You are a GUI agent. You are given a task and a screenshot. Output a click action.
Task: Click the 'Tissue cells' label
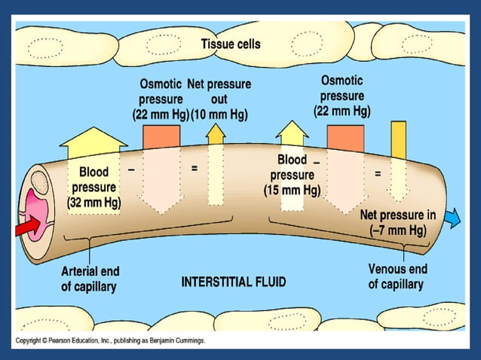231,44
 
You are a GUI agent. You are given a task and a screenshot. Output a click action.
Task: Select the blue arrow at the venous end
452,217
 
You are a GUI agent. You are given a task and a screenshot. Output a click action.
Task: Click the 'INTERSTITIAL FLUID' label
234,282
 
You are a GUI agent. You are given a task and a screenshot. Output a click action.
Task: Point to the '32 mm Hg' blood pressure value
94,202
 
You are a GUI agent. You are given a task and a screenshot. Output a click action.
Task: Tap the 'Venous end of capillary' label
397,276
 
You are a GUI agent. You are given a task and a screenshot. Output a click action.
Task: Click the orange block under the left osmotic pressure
161,136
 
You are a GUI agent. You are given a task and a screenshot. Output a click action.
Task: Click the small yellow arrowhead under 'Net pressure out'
216,134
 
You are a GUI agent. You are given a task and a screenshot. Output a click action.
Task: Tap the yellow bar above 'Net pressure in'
398,139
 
